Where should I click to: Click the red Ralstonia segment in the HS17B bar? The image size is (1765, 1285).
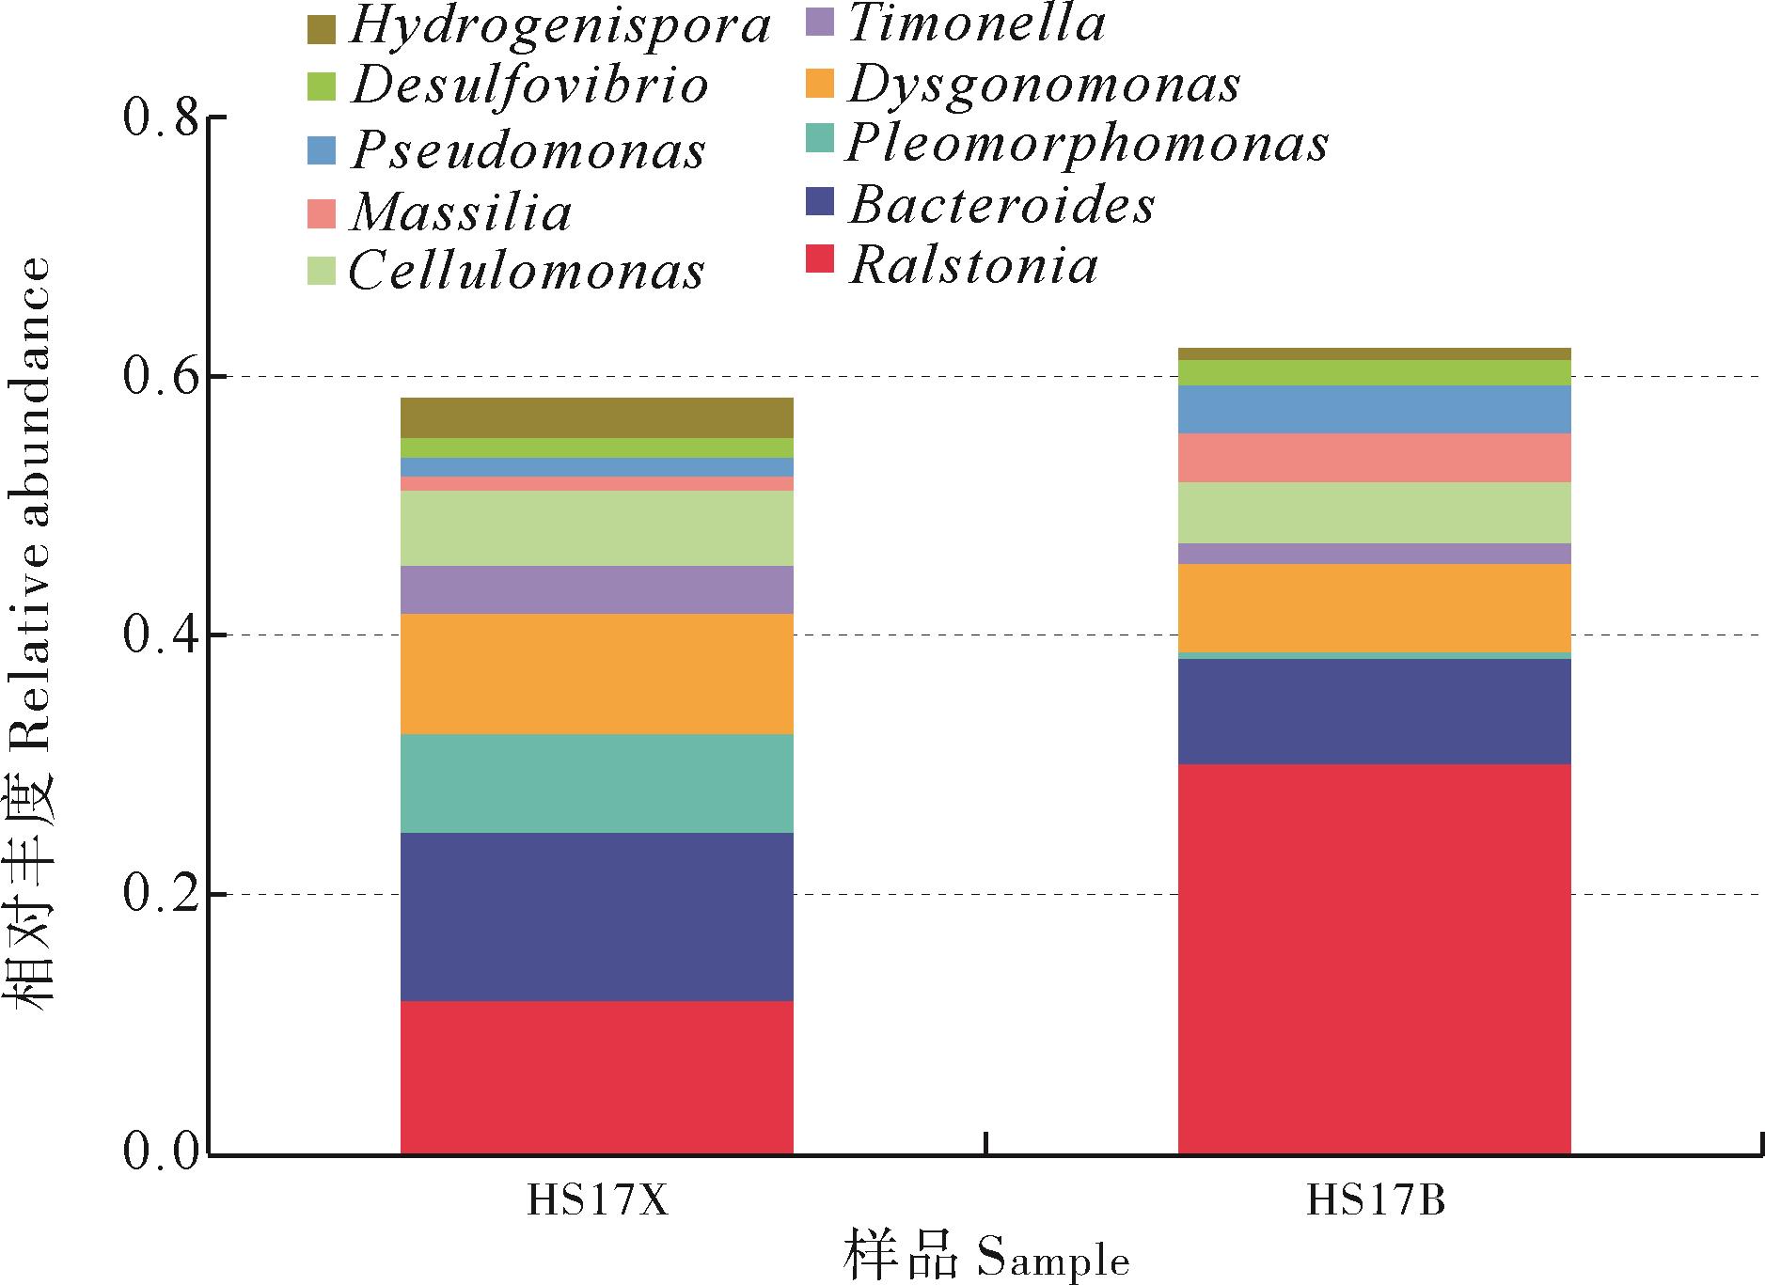coord(1374,958)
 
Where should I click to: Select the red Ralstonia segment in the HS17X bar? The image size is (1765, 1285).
coord(597,1076)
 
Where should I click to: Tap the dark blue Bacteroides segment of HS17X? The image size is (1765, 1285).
coord(597,917)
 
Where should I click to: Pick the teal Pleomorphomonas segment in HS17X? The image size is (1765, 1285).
coord(597,783)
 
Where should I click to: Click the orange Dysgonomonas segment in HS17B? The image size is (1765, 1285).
coord(1374,608)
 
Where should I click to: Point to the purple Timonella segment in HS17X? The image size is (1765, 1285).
coord(597,589)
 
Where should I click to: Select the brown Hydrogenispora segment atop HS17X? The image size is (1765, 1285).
coord(597,417)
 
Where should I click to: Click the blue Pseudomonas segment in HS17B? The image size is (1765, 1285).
coord(1374,409)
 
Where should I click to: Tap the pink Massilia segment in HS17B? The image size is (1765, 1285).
coord(1374,458)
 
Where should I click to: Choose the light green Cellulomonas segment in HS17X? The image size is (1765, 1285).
coord(597,527)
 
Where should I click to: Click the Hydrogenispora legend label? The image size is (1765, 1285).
coord(559,27)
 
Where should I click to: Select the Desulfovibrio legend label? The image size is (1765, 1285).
coord(530,86)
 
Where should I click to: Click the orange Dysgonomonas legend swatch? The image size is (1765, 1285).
coord(821,84)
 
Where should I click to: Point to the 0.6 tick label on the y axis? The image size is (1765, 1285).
coord(162,376)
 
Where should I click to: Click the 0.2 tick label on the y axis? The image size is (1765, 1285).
coord(162,894)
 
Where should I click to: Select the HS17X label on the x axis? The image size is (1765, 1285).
coord(597,1202)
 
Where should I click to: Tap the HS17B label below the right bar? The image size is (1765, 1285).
coord(1375,1202)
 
